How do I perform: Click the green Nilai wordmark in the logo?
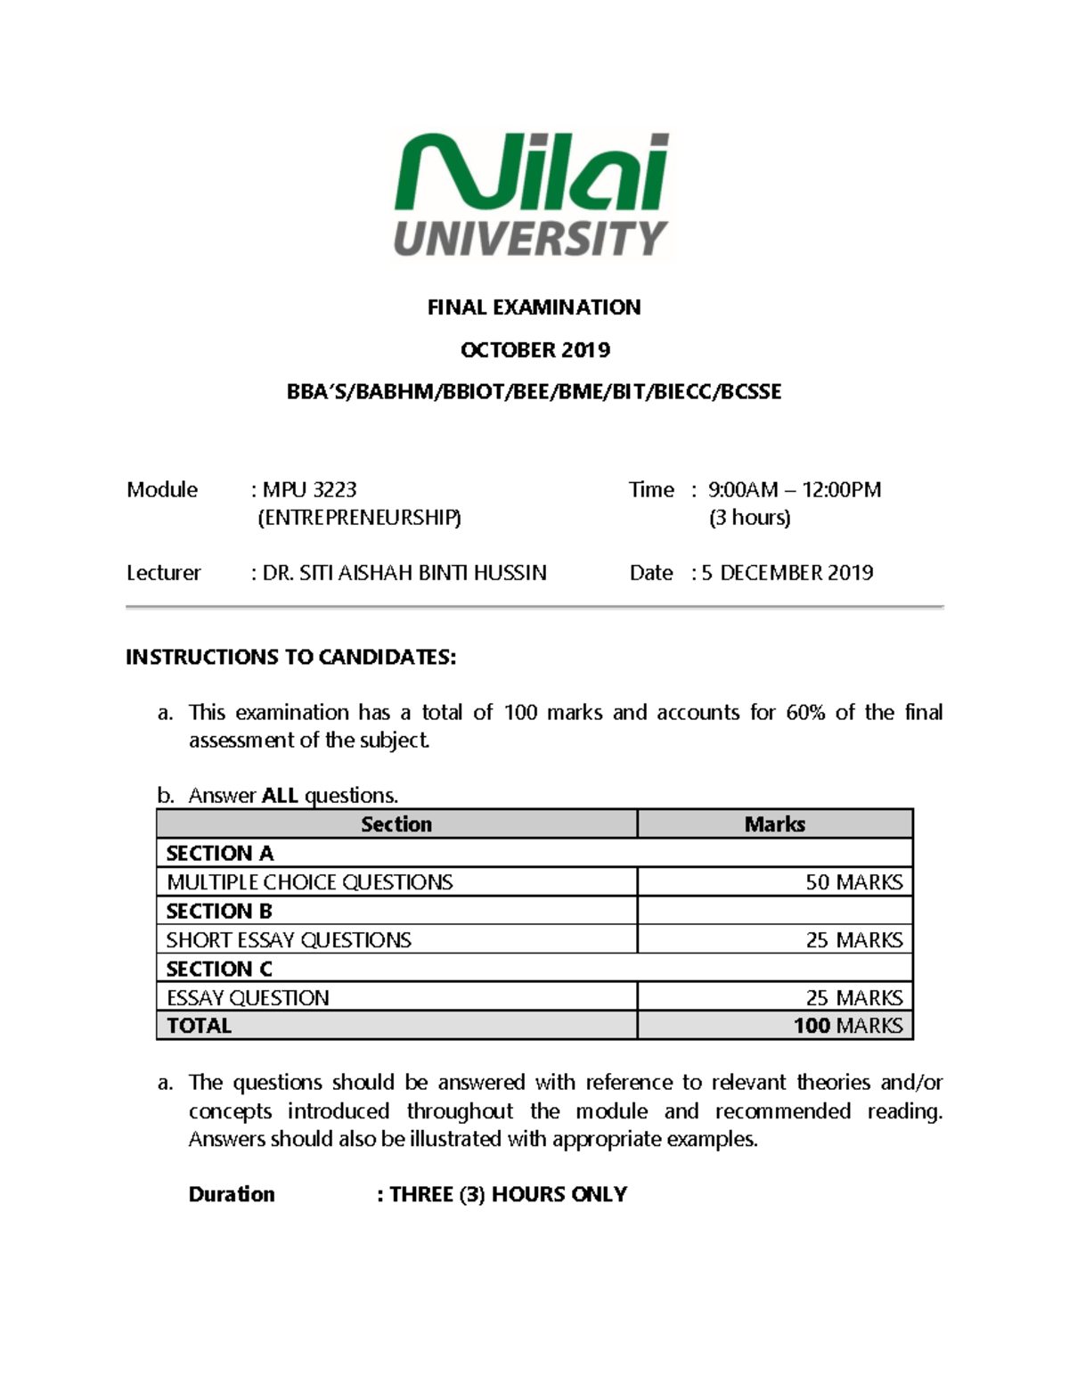pos(531,174)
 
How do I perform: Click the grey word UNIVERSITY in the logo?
pos(531,238)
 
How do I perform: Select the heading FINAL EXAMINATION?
pos(534,307)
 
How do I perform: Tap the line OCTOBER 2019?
pos(534,349)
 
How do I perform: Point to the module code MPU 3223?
pos(309,489)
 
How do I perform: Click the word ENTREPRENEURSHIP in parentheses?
pos(359,518)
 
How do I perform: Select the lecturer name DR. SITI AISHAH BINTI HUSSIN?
pos(404,573)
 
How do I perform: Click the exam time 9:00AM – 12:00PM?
pos(794,489)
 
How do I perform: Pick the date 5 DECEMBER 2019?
pos(787,573)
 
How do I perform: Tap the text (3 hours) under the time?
pos(749,518)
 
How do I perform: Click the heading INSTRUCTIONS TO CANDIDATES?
pos(290,658)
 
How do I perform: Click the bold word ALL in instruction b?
pos(280,795)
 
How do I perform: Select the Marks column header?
pos(774,824)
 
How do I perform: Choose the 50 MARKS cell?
pos(853,882)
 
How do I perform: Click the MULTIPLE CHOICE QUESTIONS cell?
pos(309,882)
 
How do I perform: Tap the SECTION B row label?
pos(219,911)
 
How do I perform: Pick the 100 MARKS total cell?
pos(847,1026)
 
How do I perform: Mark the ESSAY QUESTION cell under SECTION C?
pos(248,997)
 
